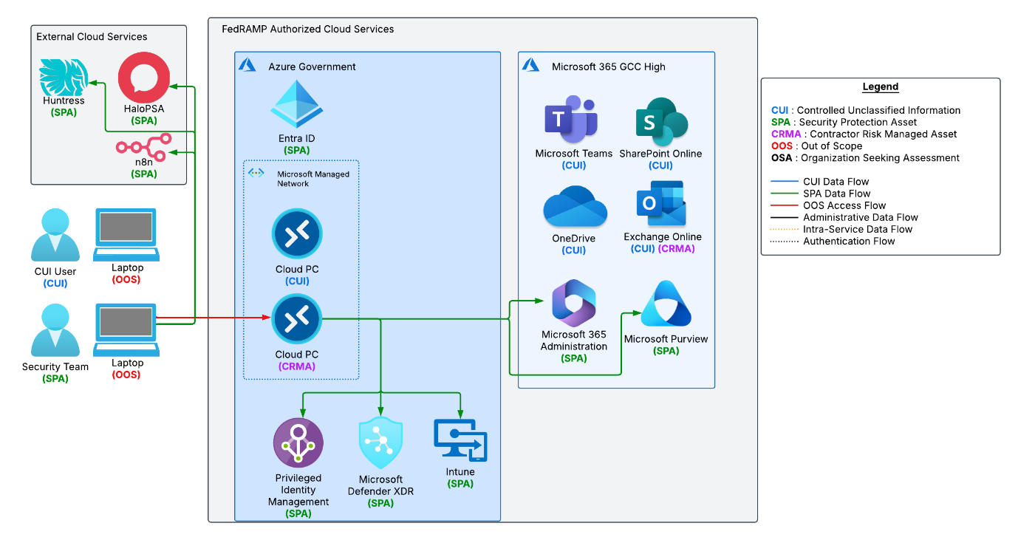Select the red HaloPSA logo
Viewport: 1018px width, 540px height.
(x=144, y=77)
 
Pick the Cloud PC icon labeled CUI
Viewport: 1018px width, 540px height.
(x=297, y=234)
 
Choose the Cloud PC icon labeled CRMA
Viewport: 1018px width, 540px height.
(x=297, y=319)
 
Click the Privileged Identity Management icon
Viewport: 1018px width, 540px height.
(x=298, y=442)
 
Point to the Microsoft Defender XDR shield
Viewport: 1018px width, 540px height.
(x=380, y=442)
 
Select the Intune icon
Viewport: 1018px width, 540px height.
(x=460, y=441)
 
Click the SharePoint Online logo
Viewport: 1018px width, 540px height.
(x=661, y=122)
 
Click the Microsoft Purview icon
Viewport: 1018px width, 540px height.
(x=666, y=304)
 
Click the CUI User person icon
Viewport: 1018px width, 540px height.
(x=55, y=235)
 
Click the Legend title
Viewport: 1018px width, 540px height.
(x=881, y=86)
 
